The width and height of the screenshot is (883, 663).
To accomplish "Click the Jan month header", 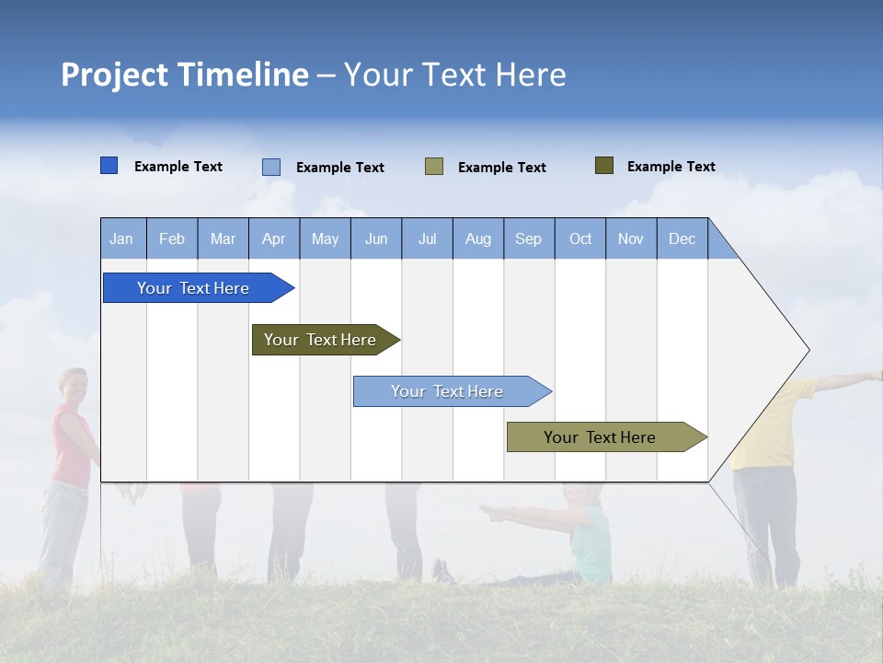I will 121,239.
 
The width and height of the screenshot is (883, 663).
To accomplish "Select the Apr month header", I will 273,239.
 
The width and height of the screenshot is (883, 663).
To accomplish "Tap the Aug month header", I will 477,239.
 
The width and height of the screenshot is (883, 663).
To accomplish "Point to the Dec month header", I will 682,239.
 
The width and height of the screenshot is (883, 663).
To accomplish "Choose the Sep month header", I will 528,239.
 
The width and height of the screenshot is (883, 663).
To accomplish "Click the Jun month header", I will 375,239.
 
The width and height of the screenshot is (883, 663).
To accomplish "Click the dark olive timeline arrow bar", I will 322,340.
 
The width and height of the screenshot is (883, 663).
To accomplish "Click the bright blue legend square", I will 109,166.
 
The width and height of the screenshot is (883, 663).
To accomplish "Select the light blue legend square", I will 271,167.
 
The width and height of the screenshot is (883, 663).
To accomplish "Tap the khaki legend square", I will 434,167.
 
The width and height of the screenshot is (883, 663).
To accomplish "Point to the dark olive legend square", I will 603,166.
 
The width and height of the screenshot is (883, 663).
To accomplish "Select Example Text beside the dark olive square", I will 671,167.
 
